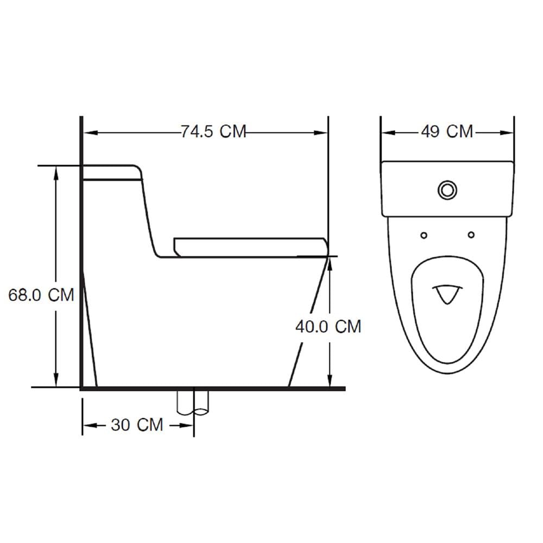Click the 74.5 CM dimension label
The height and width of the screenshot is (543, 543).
(x=213, y=131)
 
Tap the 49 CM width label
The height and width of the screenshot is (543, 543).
(x=447, y=131)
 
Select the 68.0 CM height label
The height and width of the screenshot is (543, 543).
(x=41, y=295)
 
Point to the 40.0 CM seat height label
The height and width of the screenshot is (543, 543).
(x=329, y=326)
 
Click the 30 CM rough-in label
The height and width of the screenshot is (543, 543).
(x=137, y=425)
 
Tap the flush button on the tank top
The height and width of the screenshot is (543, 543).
(x=447, y=190)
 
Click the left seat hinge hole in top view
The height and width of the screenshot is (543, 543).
(x=424, y=236)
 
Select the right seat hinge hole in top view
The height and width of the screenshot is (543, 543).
(x=471, y=235)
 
